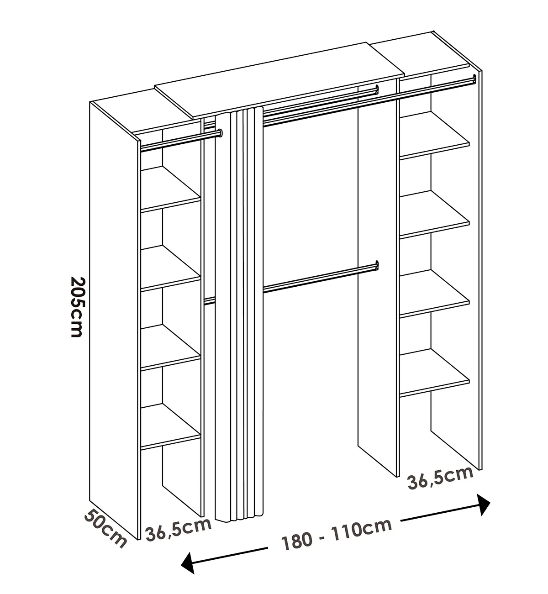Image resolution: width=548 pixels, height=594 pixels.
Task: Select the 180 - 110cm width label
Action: pyautogui.click(x=337, y=534)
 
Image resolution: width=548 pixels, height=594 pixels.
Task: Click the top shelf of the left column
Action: pyautogui.click(x=171, y=189)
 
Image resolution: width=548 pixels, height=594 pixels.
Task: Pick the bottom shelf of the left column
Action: pyautogui.click(x=171, y=426)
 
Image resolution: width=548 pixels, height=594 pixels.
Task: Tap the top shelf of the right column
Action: pyautogui.click(x=435, y=135)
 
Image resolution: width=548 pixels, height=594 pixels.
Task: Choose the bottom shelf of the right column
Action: pyautogui.click(x=435, y=373)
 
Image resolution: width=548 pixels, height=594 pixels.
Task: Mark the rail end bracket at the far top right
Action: pyautogui.click(x=474, y=79)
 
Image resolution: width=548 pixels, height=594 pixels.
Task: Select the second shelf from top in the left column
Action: pyautogui.click(x=171, y=268)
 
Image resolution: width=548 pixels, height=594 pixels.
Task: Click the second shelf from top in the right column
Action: pyautogui.click(x=435, y=215)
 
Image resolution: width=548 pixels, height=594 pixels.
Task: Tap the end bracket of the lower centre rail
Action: pyautogui.click(x=377, y=265)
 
